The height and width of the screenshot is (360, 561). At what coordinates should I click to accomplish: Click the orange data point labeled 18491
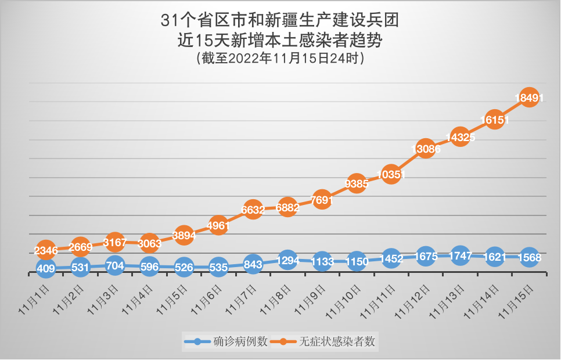click(x=528, y=98)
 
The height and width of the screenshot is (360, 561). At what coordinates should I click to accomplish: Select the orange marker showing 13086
click(x=425, y=149)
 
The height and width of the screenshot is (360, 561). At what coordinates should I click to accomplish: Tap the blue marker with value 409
click(x=46, y=268)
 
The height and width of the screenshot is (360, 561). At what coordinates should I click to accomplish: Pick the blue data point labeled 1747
click(x=459, y=255)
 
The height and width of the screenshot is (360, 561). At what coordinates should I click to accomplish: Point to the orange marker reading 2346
click(x=46, y=250)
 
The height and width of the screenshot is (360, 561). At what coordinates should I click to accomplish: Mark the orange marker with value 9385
click(x=356, y=184)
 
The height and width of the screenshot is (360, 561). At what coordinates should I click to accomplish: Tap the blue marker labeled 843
click(x=253, y=264)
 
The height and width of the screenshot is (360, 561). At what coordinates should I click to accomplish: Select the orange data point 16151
click(x=494, y=120)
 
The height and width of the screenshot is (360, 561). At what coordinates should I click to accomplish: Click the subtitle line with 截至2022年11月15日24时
click(x=280, y=59)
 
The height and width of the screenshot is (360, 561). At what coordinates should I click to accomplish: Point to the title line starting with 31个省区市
click(x=280, y=21)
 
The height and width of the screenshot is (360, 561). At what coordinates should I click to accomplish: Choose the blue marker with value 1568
click(x=528, y=258)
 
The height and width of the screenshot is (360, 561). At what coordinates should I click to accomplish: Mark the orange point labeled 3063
click(x=149, y=243)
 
